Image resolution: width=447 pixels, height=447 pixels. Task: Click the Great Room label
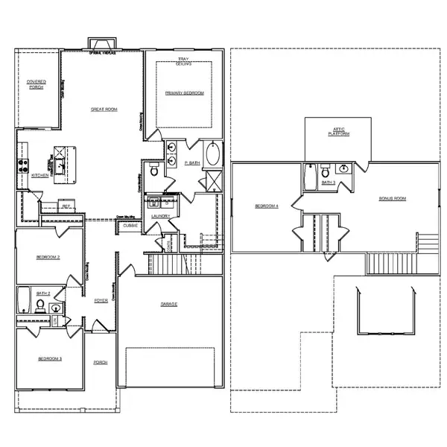pos(104,110)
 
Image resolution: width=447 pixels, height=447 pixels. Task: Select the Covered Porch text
pos(36,84)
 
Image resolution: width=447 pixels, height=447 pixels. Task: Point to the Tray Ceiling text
pos(183,63)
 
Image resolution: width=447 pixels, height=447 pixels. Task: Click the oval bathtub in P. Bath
pos(212,155)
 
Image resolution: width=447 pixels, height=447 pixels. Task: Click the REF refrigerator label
pos(66,206)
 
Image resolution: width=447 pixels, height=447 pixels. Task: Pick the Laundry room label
pos(161,216)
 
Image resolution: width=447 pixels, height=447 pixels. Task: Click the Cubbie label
pos(130,224)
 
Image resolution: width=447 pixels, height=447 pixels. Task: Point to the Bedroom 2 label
pos(48,257)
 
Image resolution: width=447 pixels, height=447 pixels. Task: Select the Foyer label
pos(100,300)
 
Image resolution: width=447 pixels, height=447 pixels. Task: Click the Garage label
pos(168,304)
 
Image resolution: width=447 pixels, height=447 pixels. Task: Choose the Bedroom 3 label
pos(50,359)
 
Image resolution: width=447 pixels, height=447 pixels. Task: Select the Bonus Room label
pos(392,198)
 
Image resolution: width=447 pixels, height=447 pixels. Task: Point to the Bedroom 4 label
pos(266,206)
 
